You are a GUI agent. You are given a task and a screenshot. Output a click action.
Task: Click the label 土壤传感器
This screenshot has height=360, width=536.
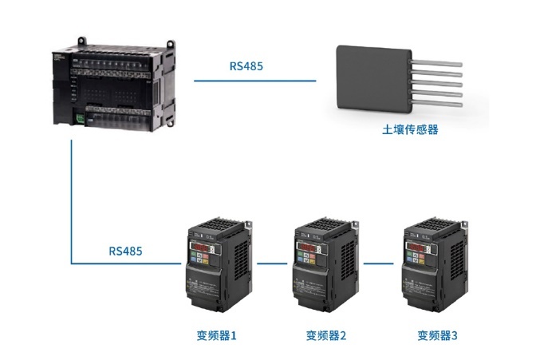[x=410, y=129]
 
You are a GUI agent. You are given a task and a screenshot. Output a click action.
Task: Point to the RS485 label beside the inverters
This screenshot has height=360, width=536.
[x=125, y=251]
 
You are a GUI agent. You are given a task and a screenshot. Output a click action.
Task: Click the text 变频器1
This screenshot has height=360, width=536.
[x=217, y=336]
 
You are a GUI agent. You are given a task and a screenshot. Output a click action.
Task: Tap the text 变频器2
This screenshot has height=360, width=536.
[x=326, y=336]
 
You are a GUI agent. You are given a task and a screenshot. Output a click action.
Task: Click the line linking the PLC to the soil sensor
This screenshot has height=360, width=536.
[x=255, y=80]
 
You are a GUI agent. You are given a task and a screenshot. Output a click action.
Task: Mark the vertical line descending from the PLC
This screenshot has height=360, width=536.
[x=72, y=200]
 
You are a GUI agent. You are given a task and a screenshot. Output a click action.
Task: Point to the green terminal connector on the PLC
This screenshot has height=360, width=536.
[x=81, y=119]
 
